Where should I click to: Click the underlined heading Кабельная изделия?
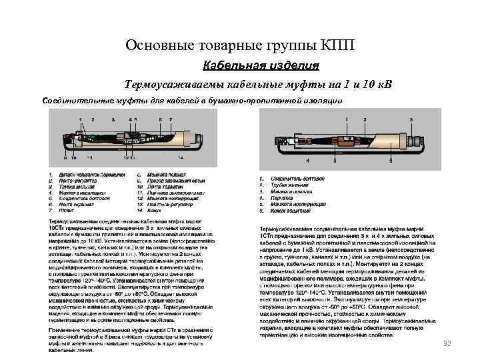[261, 66]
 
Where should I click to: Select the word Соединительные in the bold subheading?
[73, 100]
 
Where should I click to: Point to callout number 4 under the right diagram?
[307, 161]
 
